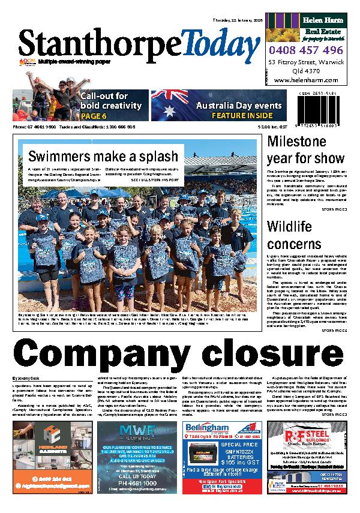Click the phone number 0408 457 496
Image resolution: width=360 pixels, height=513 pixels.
306,50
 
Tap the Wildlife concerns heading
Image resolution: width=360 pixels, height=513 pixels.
295,235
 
